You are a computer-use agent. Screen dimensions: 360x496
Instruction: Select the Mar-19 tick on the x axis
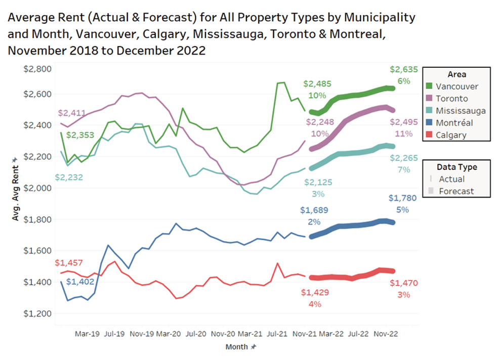[x=87, y=334]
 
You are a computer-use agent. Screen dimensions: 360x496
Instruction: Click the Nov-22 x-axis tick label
[x=386, y=334]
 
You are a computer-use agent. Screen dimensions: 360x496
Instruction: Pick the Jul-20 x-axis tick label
[x=196, y=334]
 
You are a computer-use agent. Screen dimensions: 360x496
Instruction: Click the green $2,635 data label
[x=403, y=70]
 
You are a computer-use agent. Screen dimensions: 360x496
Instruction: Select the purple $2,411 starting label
[x=72, y=113]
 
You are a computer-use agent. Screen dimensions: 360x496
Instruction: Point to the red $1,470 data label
[x=403, y=284]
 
